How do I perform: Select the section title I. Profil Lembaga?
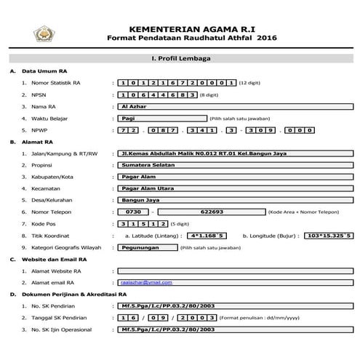(180, 55)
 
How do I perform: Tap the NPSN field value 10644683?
(156, 95)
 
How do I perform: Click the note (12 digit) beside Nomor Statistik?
(252, 83)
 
